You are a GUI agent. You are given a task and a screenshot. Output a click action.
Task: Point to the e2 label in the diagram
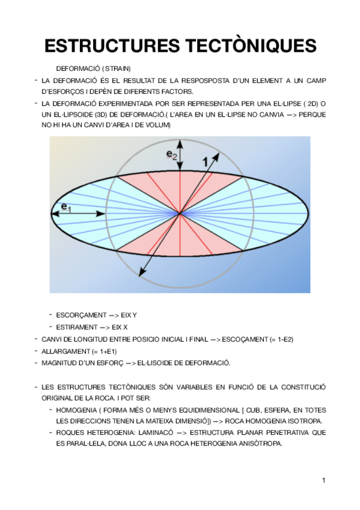click(x=172, y=155)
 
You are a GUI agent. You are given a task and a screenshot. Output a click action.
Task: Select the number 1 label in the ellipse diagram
click(x=206, y=161)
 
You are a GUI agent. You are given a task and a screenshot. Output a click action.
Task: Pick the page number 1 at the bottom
click(x=323, y=480)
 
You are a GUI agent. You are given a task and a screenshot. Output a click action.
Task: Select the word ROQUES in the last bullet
click(x=69, y=432)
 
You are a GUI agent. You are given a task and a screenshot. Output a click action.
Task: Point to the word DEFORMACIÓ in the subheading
click(x=75, y=68)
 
